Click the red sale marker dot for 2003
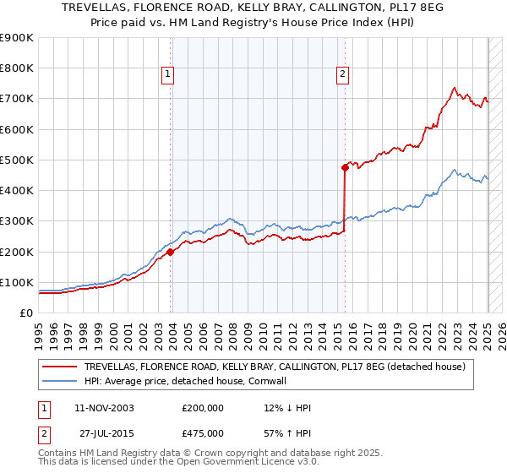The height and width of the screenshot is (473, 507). (x=171, y=251)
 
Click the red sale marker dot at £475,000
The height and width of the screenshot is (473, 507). (x=345, y=167)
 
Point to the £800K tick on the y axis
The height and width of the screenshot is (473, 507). (x=17, y=68)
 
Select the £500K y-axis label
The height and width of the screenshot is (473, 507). (x=17, y=160)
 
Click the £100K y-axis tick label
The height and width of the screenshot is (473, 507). (x=17, y=282)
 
